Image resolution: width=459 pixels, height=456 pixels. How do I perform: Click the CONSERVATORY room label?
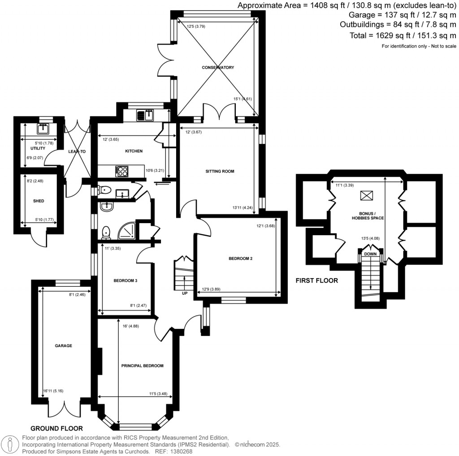(217, 68)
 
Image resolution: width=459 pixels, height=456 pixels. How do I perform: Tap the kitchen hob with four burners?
(121, 170)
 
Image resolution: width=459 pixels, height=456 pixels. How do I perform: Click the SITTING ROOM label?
(220, 172)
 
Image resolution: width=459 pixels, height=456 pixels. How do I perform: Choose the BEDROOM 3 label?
(125, 281)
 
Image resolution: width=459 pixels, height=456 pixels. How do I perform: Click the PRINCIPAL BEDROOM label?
(142, 366)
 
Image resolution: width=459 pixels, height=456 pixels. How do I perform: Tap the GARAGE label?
(63, 346)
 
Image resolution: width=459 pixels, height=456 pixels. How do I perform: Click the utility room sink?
(44, 129)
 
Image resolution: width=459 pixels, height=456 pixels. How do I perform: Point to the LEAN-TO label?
(77, 152)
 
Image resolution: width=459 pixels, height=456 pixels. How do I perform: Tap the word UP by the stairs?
(185, 294)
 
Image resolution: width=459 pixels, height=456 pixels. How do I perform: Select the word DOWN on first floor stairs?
(370, 254)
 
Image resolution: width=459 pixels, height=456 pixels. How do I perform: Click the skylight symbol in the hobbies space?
(367, 196)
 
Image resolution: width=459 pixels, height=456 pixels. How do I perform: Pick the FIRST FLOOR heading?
(316, 281)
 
